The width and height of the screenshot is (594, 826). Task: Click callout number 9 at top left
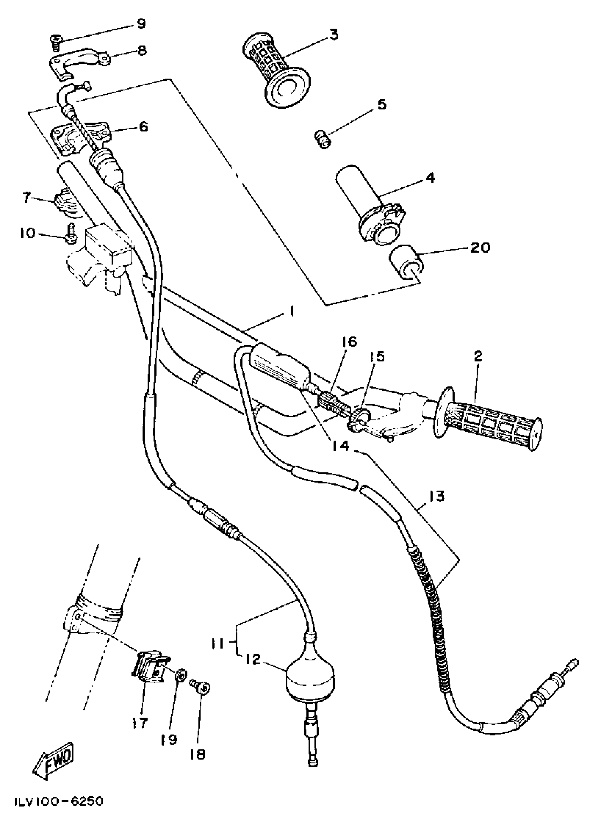tap(140, 24)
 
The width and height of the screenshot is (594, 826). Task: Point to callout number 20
tap(479, 248)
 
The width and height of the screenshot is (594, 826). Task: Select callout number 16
tap(349, 342)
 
